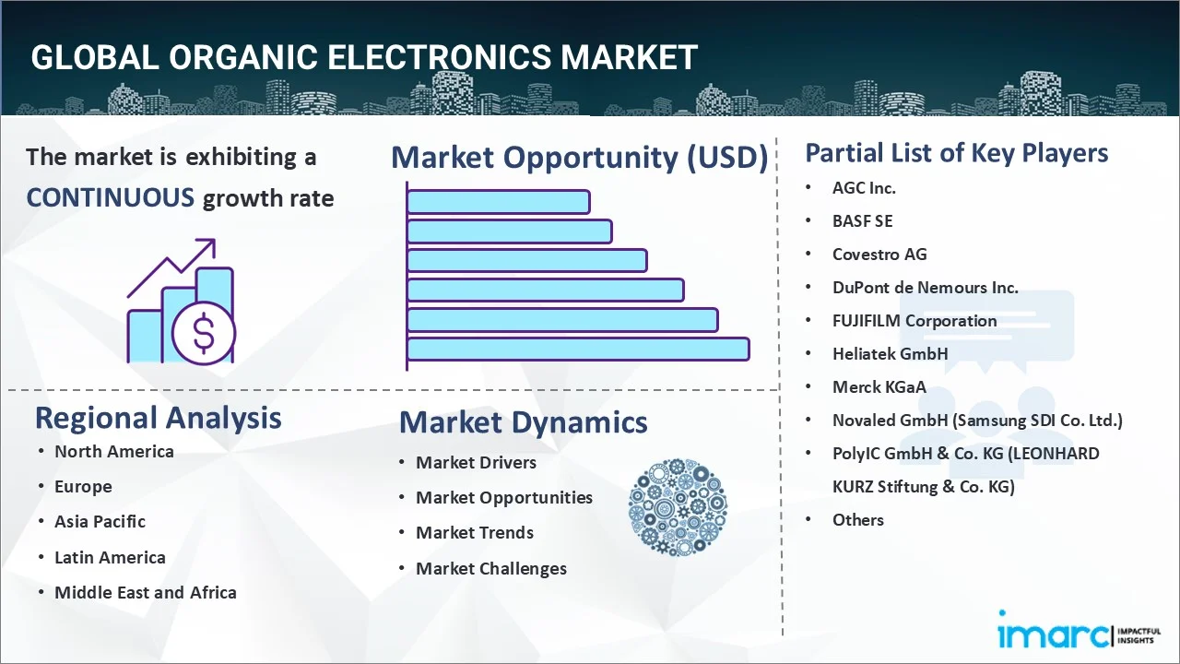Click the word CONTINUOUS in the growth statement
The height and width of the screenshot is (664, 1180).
tap(110, 197)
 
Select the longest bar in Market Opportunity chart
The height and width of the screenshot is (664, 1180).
tap(578, 349)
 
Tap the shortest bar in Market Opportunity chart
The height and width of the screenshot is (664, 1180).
tap(498, 201)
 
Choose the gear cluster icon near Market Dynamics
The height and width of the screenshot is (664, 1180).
tap(678, 508)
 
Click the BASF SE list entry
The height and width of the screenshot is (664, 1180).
tap(863, 221)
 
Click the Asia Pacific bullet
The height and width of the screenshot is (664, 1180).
tap(100, 522)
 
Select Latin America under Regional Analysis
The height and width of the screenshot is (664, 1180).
tap(110, 558)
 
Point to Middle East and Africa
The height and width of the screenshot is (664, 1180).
tap(146, 593)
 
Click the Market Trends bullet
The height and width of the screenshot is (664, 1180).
tap(475, 533)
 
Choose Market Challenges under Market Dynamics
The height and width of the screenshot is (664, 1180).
tap(491, 569)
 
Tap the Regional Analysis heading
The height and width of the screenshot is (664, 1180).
tap(158, 418)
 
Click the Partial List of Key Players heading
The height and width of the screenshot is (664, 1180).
tap(957, 153)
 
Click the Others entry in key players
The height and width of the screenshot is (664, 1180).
tap(858, 520)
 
